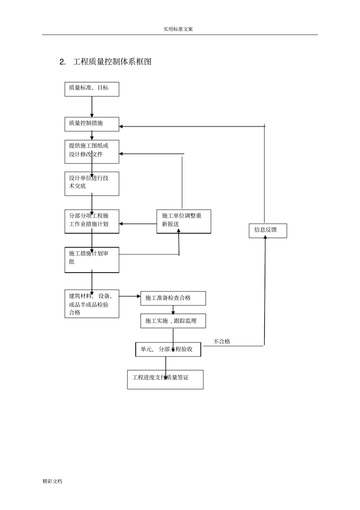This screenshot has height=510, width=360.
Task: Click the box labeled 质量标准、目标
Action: (x=92, y=89)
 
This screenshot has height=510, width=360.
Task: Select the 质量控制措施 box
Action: (x=92, y=124)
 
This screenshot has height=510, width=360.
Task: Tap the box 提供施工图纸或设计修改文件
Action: (x=92, y=152)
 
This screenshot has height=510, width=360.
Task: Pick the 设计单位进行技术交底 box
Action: (x=92, y=184)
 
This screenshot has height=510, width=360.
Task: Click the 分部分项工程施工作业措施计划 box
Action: (x=92, y=221)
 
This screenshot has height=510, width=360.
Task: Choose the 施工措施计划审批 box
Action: (x=92, y=260)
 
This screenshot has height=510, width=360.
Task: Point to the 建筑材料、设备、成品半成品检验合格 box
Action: (x=92, y=304)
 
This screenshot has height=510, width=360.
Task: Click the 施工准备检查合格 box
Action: (x=173, y=298)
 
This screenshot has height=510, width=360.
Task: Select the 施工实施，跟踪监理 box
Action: (x=173, y=321)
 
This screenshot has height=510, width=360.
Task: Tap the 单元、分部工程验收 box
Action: (x=168, y=349)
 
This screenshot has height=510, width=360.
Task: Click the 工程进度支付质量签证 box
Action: (x=165, y=380)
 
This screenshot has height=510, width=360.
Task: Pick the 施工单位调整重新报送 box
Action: (x=184, y=221)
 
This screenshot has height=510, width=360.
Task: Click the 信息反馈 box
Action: (x=268, y=231)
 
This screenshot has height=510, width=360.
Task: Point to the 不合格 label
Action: (x=222, y=342)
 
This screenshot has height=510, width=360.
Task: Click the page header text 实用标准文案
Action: (x=178, y=29)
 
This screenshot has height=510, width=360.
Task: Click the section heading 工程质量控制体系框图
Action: (x=112, y=62)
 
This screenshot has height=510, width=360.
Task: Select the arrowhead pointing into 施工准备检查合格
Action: (x=139, y=296)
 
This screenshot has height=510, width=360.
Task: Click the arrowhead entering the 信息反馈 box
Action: (x=265, y=237)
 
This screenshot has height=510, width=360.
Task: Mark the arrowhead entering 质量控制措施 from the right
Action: (x=121, y=126)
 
